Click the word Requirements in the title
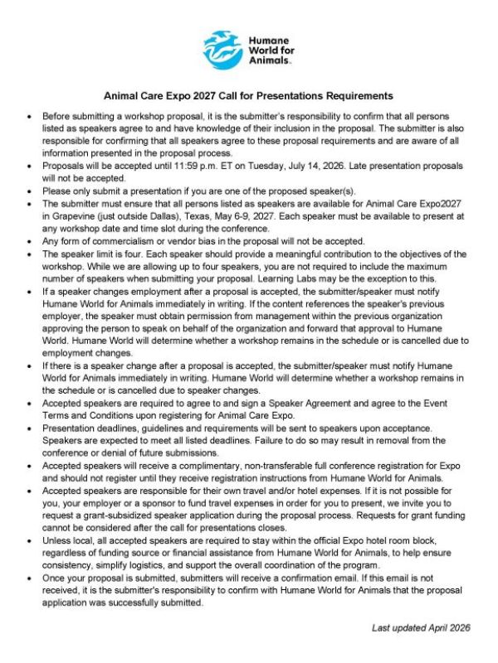click(353, 96)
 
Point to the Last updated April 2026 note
click(421, 628)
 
